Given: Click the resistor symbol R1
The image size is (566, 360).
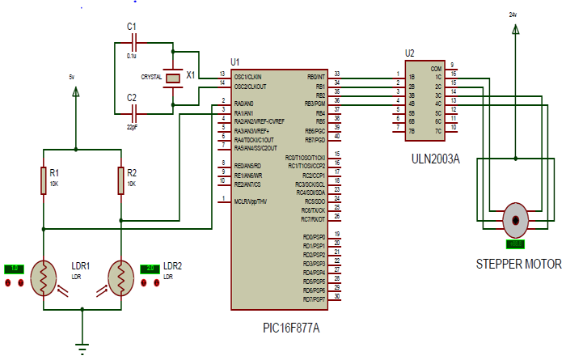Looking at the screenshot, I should (x=44, y=181).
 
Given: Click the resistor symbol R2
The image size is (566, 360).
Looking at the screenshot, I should (x=121, y=181).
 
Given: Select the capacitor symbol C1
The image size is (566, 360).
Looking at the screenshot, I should (x=133, y=40).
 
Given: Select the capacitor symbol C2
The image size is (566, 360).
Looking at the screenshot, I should (x=133, y=108).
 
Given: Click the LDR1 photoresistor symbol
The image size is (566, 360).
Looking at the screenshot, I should (x=44, y=277).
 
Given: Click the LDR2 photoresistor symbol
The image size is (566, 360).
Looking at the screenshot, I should (x=121, y=277).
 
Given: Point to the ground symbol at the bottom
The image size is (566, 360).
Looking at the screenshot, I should (x=82, y=348).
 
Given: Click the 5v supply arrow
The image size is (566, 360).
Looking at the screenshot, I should (x=76, y=91).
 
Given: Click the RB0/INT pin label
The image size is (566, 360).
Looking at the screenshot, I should (x=316, y=76).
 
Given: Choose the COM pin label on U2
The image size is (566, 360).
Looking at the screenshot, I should (x=436, y=68).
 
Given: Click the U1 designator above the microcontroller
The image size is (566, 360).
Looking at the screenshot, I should (x=235, y=61).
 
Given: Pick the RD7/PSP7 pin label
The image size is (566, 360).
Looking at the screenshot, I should (x=314, y=299).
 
